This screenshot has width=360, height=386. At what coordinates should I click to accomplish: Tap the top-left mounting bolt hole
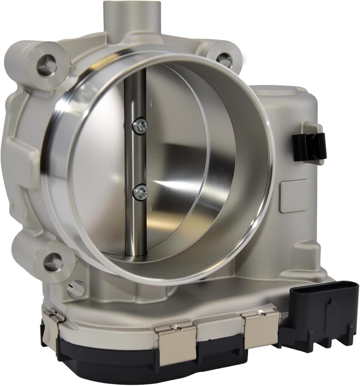point(47,65)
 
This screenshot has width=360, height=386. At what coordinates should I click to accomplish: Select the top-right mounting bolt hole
point(225,60)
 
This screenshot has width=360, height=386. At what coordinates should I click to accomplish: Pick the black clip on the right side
point(309,146)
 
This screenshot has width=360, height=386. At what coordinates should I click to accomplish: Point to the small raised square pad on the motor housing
point(294,196)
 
